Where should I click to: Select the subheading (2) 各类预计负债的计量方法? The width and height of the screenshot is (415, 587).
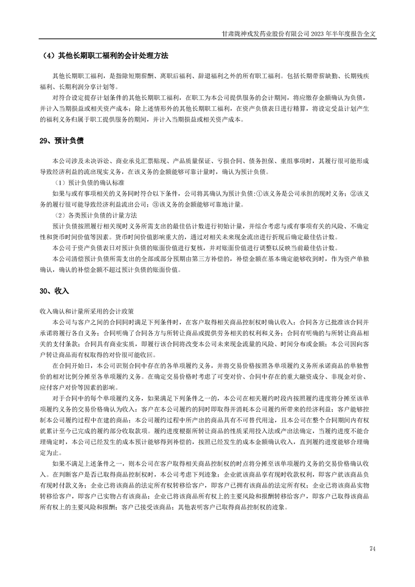click(x=95, y=215)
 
